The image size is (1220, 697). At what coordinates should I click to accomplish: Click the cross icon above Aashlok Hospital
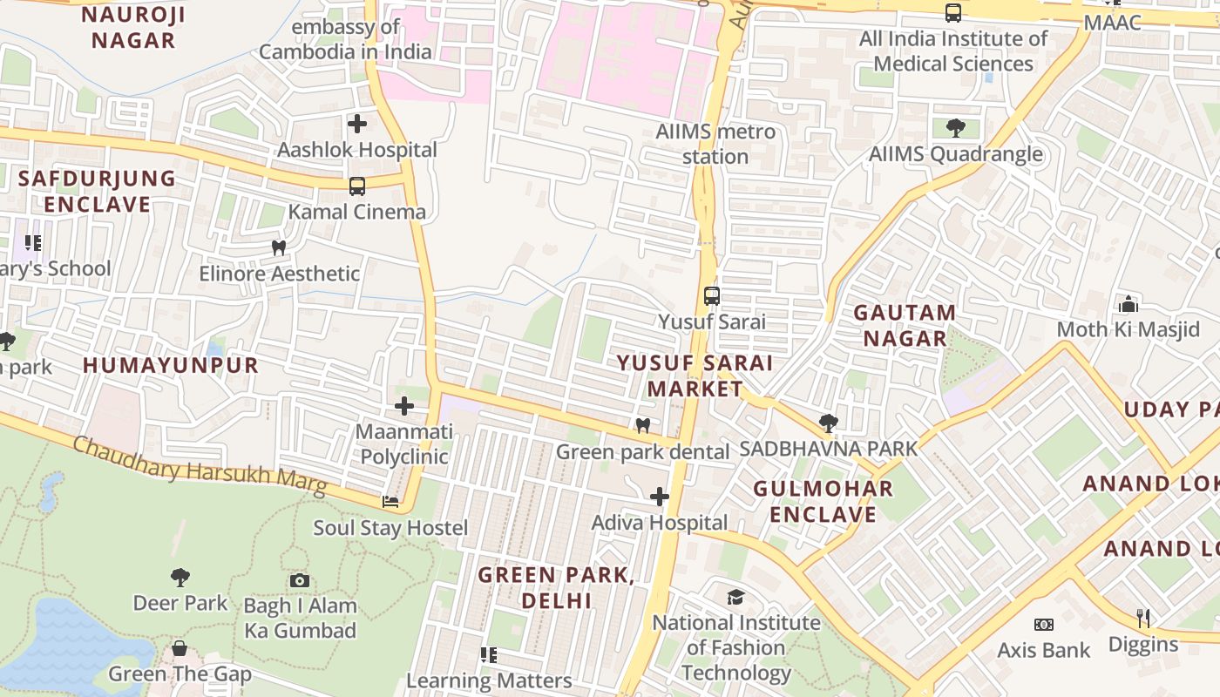pos(357,124)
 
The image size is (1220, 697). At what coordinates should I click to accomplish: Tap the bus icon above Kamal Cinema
pos(357,186)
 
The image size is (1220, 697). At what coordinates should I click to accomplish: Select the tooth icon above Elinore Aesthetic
pos(279,247)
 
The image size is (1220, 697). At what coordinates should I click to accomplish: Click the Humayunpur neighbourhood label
pos(171,365)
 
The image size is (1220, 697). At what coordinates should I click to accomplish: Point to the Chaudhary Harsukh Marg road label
pos(200,466)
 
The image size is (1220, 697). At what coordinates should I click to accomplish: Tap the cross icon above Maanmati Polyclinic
pos(404,406)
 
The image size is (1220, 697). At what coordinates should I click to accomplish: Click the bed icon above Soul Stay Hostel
pos(390,502)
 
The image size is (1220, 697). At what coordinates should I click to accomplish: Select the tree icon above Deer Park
pos(180,577)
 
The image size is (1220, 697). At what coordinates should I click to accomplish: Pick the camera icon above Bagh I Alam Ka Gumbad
pos(299,580)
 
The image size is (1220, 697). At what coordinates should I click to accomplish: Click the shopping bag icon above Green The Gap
pos(180,648)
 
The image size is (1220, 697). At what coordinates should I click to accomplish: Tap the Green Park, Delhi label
pos(556,587)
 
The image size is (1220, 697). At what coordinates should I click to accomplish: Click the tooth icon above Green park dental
pos(643,425)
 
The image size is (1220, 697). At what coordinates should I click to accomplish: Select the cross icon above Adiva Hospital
pos(660,497)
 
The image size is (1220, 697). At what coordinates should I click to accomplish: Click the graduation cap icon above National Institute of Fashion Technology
pos(736,597)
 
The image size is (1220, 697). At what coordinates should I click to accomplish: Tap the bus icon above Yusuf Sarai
pos(712,295)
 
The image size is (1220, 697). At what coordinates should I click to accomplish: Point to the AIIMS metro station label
pos(715,144)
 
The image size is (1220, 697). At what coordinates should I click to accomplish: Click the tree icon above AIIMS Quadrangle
pos(956,128)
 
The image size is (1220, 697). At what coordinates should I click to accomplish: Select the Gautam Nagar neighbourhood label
pos(905,325)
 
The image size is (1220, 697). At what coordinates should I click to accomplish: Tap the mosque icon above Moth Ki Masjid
pos(1128,304)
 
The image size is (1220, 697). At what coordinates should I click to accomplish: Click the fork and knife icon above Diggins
pos(1143,619)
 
